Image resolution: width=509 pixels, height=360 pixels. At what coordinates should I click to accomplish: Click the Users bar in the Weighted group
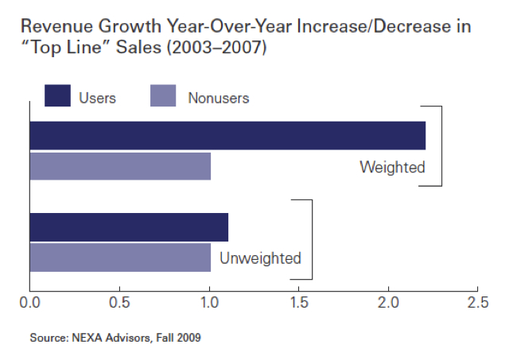coord(227,136)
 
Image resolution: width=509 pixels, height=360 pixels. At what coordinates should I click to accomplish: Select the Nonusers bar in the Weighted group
coord(120,166)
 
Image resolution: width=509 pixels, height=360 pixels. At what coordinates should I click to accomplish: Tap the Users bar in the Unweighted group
coord(129,227)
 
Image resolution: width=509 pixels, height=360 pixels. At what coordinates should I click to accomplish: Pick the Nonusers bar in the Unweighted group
coord(120,257)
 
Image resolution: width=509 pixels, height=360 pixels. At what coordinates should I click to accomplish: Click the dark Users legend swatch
coord(57,95)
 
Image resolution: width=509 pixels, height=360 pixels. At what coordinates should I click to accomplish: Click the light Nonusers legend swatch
coord(163,95)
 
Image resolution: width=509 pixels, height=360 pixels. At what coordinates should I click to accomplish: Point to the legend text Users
coord(97,98)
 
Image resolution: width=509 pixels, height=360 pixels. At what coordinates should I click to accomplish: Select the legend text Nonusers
coord(219,98)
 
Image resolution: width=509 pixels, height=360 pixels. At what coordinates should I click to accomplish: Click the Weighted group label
coord(392,168)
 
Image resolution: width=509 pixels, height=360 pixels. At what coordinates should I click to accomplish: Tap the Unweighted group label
coord(260,258)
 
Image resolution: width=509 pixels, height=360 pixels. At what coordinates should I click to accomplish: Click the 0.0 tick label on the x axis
coord(29,303)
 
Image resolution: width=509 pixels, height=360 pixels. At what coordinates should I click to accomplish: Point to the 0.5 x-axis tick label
coord(119,303)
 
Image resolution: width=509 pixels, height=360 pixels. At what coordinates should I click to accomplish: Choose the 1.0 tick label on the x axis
coord(209,303)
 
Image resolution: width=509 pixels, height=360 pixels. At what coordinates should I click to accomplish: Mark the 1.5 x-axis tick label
coord(299,303)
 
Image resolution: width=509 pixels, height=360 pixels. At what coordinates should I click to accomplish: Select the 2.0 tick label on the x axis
coord(388,303)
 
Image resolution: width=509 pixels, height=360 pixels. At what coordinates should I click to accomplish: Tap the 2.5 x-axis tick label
coord(478,303)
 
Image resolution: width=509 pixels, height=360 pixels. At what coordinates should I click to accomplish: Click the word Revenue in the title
coord(56,26)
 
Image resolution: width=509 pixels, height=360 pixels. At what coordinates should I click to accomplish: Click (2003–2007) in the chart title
coord(216,48)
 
